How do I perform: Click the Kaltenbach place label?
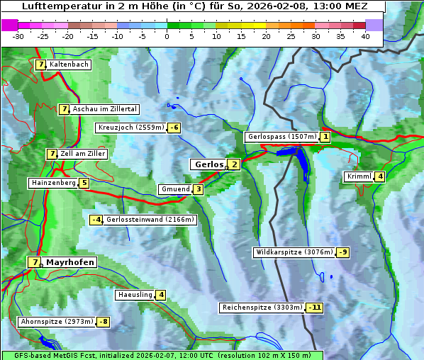[69, 64]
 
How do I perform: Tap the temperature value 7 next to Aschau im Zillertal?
[64, 109]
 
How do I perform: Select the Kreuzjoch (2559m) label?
[130, 128]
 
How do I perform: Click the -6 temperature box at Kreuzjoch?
[174, 128]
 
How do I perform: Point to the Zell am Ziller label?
[83, 154]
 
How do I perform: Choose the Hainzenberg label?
[52, 183]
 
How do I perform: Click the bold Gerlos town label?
[208, 164]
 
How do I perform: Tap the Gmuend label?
[175, 189]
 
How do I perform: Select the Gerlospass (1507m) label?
[281, 137]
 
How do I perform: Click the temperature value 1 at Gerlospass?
[325, 137]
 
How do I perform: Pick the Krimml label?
[359, 176]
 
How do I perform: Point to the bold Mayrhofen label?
[69, 262]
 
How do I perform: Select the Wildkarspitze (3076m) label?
[294, 252]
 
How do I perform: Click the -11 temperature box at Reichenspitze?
[314, 308]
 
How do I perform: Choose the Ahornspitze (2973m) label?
[56, 322]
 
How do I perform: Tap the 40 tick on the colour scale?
[365, 36]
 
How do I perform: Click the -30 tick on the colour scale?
[18, 36]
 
